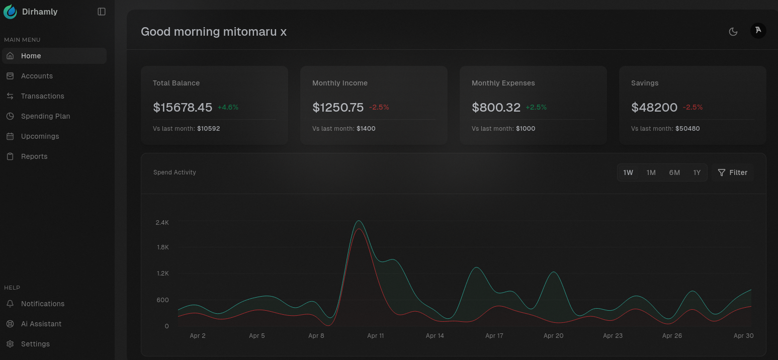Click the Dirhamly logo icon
click(x=10, y=12)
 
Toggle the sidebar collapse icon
click(x=102, y=12)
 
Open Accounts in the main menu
click(x=37, y=76)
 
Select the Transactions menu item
click(x=42, y=96)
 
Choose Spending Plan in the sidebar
click(x=45, y=116)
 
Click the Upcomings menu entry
click(x=40, y=136)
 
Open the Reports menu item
click(x=34, y=156)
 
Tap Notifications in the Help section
click(x=42, y=304)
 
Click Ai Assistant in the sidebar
click(x=41, y=324)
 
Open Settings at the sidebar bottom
click(x=35, y=344)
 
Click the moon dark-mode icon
click(x=733, y=32)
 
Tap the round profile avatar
click(x=758, y=31)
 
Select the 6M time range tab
click(x=674, y=172)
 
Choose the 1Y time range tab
click(x=697, y=172)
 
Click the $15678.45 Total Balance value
click(x=183, y=107)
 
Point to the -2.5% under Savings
click(x=693, y=107)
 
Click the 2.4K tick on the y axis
click(x=162, y=222)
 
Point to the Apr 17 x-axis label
click(x=494, y=335)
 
